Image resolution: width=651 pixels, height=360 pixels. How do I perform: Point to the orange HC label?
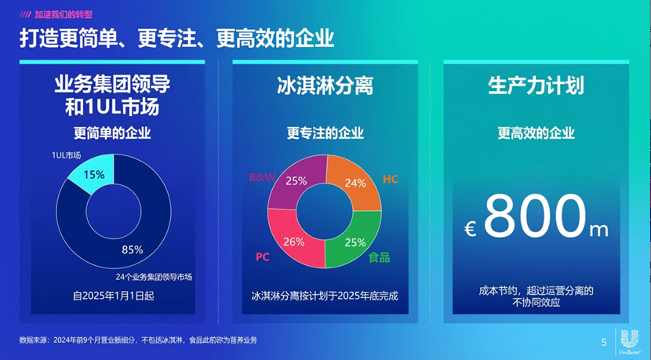click(x=390, y=179)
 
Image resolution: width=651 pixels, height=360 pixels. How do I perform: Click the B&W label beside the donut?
click(x=261, y=178)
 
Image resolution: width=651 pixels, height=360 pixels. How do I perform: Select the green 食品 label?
click(x=379, y=256)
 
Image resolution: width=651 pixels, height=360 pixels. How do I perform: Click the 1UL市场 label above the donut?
click(x=67, y=155)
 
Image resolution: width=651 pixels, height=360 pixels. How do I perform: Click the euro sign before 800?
click(x=471, y=228)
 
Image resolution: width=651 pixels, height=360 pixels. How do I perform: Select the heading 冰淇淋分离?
click(x=324, y=85)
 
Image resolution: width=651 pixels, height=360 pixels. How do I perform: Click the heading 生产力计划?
click(x=536, y=85)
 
